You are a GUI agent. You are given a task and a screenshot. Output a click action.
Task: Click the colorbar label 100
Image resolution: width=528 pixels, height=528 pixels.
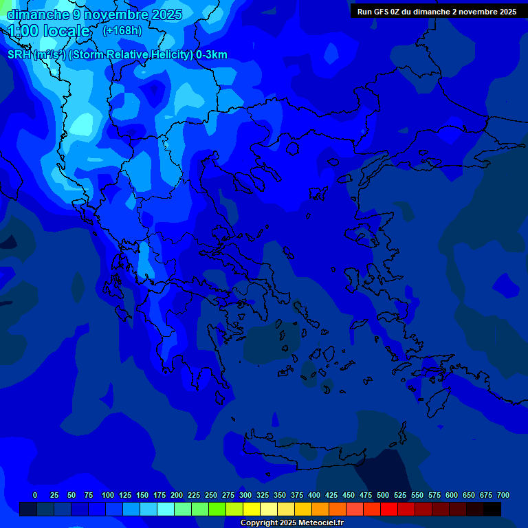pyautogui.click(x=108, y=495)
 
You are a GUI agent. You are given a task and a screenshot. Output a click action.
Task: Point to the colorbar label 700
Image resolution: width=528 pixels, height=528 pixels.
pyautogui.click(x=503, y=495)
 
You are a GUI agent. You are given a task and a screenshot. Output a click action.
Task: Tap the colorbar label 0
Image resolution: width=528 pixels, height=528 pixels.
pyautogui.click(x=35, y=495)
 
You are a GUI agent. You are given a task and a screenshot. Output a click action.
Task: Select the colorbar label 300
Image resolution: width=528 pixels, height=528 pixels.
pyautogui.click(x=245, y=495)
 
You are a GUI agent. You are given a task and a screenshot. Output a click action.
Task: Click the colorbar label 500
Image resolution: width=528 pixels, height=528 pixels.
pyautogui.click(x=383, y=495)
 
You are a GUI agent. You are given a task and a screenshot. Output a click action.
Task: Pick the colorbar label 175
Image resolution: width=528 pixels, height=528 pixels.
pyautogui.click(x=159, y=495)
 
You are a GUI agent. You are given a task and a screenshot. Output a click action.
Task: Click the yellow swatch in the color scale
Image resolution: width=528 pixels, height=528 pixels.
pyautogui.click(x=252, y=509)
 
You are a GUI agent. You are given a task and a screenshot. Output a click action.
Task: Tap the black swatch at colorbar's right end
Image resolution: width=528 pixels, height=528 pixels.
pyautogui.click(x=492, y=509)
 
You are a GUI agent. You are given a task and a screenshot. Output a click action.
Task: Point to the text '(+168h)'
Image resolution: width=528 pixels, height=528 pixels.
pyautogui.click(x=122, y=31)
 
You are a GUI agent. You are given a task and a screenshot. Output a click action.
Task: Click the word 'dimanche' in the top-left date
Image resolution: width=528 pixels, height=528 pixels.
pyautogui.click(x=37, y=14)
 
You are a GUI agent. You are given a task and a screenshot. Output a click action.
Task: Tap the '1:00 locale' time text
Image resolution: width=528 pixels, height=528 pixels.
pyautogui.click(x=49, y=31)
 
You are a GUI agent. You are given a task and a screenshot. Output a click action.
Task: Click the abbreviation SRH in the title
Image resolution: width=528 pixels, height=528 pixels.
pyautogui.click(x=19, y=55)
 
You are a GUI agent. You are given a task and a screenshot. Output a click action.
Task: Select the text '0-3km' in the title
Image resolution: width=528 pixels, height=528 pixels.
pyautogui.click(x=212, y=55)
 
